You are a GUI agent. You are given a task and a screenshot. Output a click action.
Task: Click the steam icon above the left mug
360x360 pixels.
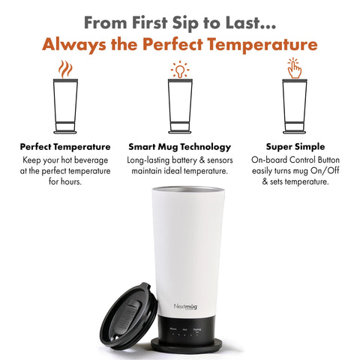[x=65, y=70]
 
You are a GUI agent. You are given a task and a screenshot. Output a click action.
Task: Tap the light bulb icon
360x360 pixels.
[x=179, y=69]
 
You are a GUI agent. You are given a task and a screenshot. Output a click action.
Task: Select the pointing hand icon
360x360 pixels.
[x=294, y=69]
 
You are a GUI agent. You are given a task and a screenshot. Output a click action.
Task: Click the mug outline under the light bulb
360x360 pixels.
[x=179, y=105]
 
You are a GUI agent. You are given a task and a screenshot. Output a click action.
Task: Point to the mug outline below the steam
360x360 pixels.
[x=65, y=105]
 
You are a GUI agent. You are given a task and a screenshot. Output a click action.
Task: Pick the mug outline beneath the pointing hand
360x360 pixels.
[x=294, y=105]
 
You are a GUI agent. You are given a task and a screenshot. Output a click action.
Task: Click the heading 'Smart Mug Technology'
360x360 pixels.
[x=179, y=147]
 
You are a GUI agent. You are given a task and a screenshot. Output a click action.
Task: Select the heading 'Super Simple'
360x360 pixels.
[x=294, y=147]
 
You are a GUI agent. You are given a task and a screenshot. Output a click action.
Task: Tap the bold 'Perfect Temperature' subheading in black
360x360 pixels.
[x=65, y=147]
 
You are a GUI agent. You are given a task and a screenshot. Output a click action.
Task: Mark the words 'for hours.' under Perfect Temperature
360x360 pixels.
[x=65, y=182]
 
